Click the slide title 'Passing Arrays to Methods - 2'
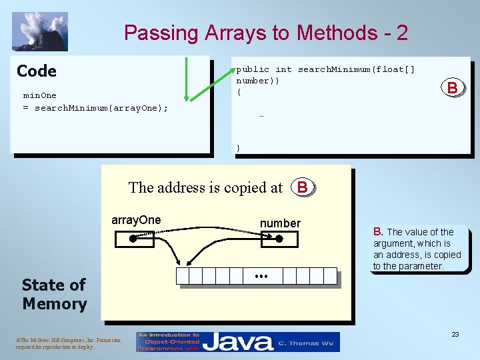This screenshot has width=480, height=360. point(265,33)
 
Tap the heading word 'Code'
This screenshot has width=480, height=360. point(37,71)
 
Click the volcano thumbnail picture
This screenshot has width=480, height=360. point(40,31)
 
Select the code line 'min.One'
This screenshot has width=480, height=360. point(40,95)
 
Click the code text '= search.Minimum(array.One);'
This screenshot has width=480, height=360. point(95,108)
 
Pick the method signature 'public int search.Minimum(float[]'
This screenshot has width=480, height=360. point(325,69)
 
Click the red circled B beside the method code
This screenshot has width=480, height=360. point(452,87)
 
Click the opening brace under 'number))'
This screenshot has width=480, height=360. point(239,92)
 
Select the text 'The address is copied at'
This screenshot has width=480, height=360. point(205,188)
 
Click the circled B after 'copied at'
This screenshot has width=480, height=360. point(303,187)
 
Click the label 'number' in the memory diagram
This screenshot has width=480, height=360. point(280,223)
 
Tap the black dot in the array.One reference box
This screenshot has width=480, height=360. point(132,237)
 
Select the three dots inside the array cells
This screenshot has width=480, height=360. point(261,276)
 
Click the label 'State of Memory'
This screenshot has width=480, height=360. point(54,294)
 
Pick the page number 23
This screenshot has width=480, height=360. point(455,335)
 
